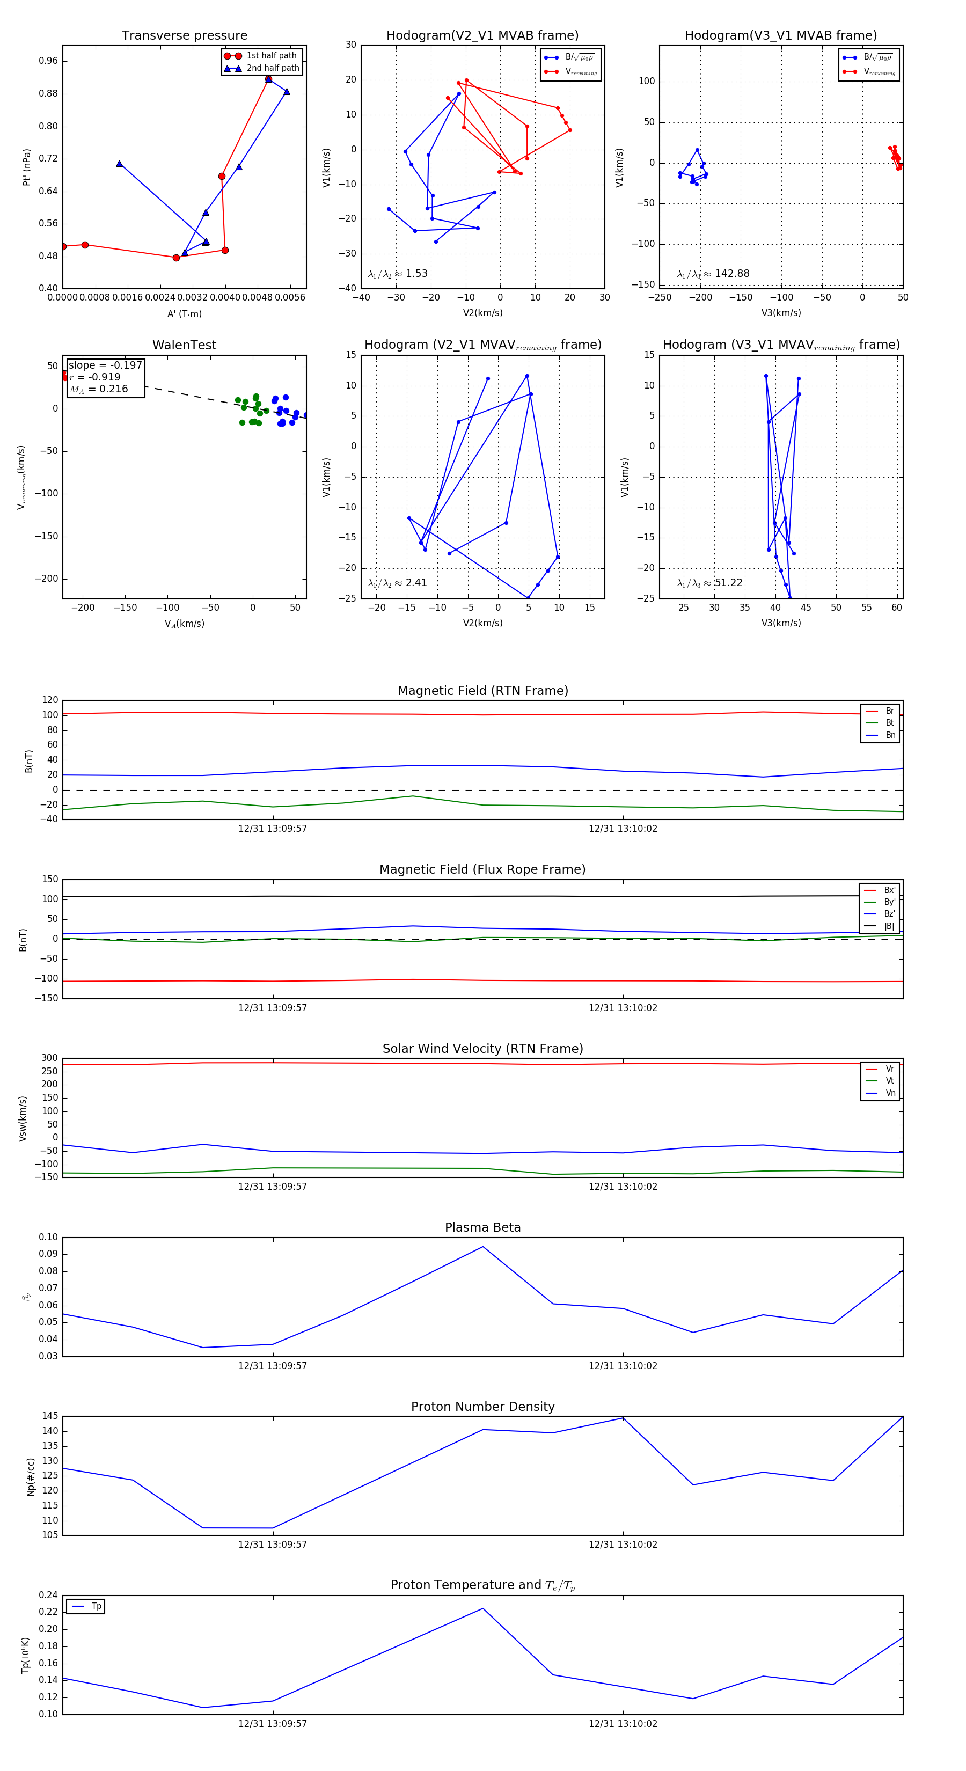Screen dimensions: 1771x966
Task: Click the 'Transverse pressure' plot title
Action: (x=184, y=36)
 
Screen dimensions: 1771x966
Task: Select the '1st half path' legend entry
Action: (x=271, y=56)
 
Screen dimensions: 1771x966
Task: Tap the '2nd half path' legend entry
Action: (x=272, y=68)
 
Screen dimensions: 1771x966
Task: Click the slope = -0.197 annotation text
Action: (x=105, y=365)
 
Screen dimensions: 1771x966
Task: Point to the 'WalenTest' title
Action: (x=184, y=345)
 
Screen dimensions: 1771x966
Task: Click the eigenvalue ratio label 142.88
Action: (x=731, y=274)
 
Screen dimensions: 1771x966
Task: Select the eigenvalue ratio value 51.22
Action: (x=728, y=583)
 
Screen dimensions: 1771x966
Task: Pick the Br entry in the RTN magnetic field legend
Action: (x=889, y=711)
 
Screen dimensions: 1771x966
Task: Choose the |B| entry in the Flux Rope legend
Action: (x=889, y=926)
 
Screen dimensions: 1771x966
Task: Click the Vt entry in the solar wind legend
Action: (x=889, y=1081)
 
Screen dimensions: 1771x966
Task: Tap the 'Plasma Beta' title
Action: (x=482, y=1227)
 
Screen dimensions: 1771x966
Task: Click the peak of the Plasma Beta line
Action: (x=482, y=1247)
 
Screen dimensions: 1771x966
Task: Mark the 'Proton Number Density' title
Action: (x=482, y=1407)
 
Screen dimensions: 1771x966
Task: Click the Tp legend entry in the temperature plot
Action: (x=96, y=1606)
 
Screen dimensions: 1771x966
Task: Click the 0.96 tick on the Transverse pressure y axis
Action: (x=48, y=61)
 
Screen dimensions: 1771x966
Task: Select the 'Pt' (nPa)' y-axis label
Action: (x=27, y=167)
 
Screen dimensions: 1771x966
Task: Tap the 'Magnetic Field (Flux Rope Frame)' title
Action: (x=482, y=870)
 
